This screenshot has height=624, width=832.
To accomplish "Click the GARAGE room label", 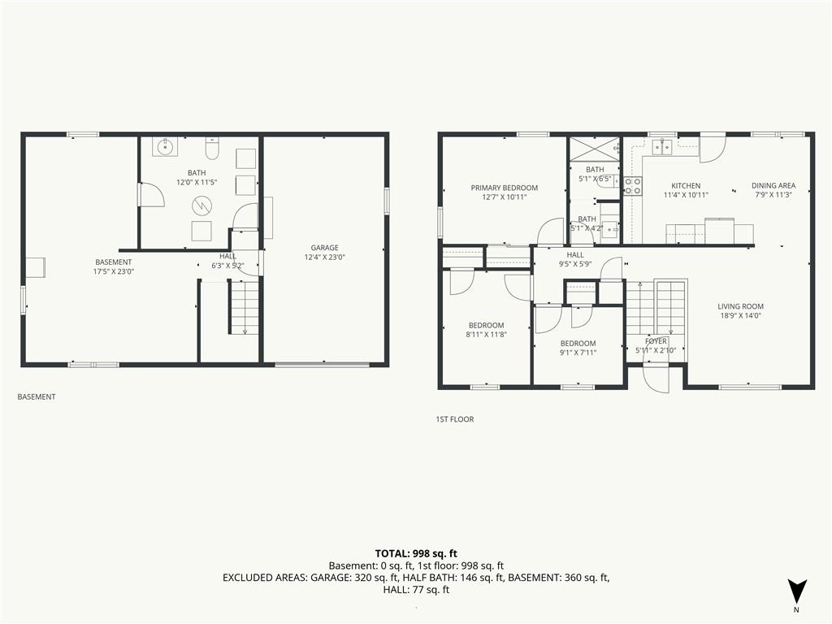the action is pyautogui.click(x=324, y=248).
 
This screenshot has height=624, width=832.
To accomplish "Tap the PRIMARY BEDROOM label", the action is pyautogui.click(x=504, y=188).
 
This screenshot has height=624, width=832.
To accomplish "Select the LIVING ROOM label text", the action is pyautogui.click(x=740, y=306).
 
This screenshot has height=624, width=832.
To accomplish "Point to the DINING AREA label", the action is pyautogui.click(x=773, y=186).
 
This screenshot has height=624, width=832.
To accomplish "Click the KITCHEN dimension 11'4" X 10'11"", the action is pyautogui.click(x=686, y=195).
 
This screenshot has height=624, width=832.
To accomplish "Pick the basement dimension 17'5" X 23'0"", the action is pyautogui.click(x=114, y=271).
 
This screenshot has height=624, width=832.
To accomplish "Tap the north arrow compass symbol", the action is pyautogui.click(x=796, y=591).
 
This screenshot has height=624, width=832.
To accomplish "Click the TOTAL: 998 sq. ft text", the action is pyautogui.click(x=416, y=554).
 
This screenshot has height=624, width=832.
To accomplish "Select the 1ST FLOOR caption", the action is pyautogui.click(x=455, y=419).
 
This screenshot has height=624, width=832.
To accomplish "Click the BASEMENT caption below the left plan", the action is pyautogui.click(x=36, y=396).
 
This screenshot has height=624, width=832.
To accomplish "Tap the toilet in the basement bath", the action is pyautogui.click(x=212, y=149).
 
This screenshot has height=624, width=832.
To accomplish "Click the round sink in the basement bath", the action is pyautogui.click(x=166, y=146).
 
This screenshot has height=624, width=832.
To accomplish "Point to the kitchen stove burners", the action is pyautogui.click(x=632, y=186).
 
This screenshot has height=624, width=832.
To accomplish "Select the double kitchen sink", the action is pyautogui.click(x=662, y=146).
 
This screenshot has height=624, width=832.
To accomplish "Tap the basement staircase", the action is pyautogui.click(x=244, y=308).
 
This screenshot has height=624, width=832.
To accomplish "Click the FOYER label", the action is pyautogui.click(x=656, y=341).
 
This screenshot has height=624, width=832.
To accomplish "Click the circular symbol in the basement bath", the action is pyautogui.click(x=201, y=206).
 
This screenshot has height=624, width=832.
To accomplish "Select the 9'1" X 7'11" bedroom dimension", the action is pyautogui.click(x=578, y=353).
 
